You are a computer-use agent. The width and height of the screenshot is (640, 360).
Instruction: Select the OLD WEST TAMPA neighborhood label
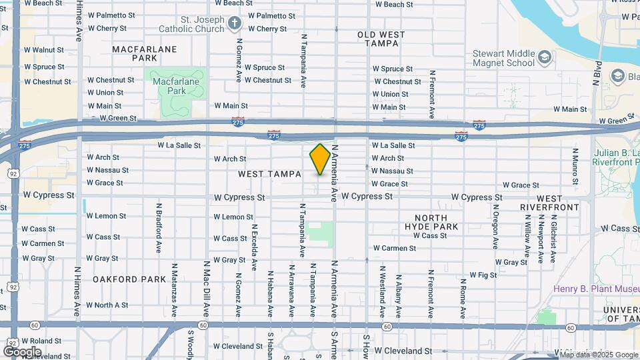point(377,39)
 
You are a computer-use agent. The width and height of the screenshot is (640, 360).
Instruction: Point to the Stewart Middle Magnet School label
point(503,58)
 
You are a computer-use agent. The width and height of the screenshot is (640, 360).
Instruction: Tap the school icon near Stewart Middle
point(545,57)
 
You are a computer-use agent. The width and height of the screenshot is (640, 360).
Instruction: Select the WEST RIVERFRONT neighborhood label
point(558,203)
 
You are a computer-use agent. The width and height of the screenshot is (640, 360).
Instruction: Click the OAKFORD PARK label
point(129,279)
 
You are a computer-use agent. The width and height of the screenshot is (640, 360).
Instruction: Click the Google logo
point(22,351)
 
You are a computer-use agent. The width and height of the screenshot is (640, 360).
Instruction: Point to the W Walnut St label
point(44,50)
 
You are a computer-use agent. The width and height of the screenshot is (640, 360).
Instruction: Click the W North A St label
point(107,305)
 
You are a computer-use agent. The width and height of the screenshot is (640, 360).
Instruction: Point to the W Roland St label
point(41,341)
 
